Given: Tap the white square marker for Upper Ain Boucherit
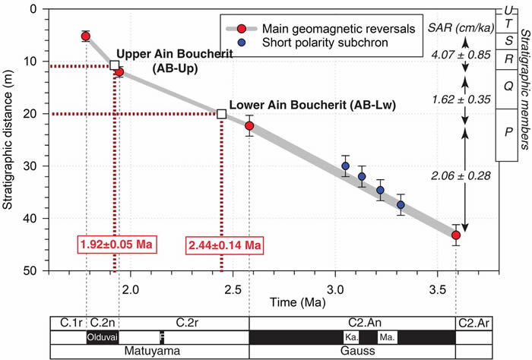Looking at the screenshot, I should (x=115, y=66).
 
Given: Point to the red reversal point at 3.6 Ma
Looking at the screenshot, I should (x=456, y=235).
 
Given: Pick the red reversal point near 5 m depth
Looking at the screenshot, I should (x=86, y=36).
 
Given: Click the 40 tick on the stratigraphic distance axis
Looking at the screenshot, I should (x=37, y=218).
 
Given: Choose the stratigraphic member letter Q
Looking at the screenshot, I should (x=507, y=86).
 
